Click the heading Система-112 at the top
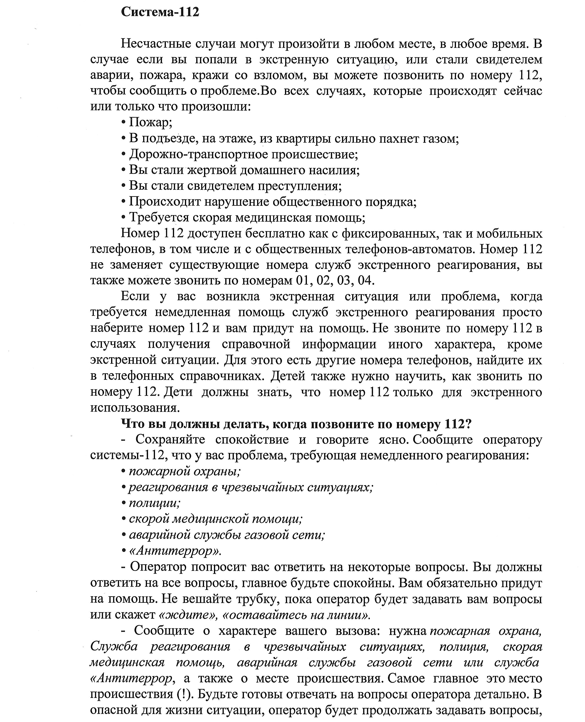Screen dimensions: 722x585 [x=160, y=12]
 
